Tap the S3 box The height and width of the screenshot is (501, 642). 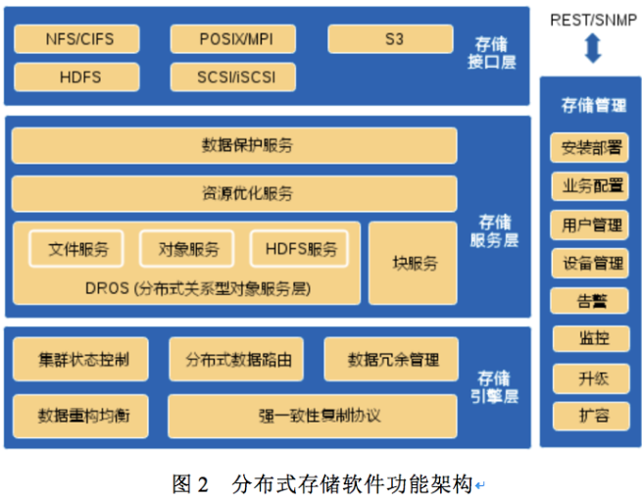390,39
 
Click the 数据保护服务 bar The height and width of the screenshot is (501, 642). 234,146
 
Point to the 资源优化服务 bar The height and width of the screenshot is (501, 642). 234,193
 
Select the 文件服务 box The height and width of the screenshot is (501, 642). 77,248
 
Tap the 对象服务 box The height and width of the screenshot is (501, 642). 186,248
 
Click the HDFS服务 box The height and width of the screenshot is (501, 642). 299,248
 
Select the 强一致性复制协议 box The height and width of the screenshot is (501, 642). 312,415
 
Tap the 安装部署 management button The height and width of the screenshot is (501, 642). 590,148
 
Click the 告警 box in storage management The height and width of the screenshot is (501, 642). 590,301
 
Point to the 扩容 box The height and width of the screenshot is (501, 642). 590,415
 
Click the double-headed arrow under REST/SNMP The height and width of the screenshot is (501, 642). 591,48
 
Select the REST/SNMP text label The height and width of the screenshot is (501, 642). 592,19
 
